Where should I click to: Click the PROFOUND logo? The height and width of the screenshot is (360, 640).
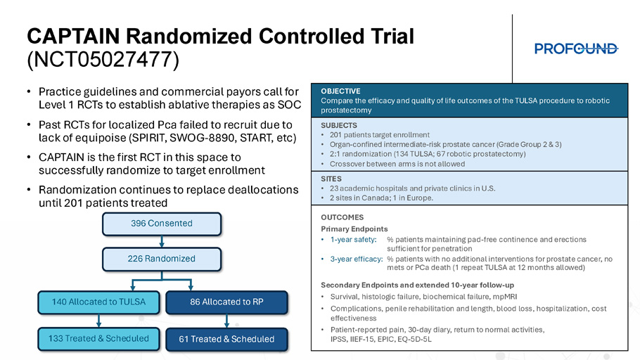pos(576,49)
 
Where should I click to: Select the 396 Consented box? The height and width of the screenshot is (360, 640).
pos(162,224)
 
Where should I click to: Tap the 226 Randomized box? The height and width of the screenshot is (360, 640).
pos(162,259)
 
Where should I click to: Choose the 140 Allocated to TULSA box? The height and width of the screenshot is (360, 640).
pos(98,302)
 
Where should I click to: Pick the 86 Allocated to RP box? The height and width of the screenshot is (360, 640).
pos(226,302)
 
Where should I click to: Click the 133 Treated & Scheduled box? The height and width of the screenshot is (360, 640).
pos(98,339)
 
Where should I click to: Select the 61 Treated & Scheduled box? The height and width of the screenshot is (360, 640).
pos(226,339)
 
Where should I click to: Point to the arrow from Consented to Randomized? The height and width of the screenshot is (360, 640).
pos(162,242)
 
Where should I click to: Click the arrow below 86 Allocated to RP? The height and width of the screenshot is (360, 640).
pos(226,321)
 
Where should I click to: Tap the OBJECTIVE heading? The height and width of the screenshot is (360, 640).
pos(340,91)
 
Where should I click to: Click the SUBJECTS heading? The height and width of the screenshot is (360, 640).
pos(339,125)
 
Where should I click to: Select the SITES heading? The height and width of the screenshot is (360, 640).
pos(331,179)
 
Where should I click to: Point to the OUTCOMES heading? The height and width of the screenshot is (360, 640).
pos(342,217)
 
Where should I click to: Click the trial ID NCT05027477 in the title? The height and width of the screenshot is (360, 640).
pos(103,60)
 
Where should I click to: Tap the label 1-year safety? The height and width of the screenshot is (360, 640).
pos(354,240)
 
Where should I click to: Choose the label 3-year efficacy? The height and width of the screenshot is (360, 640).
pos(357,259)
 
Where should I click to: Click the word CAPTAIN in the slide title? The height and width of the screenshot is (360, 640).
pos(73,37)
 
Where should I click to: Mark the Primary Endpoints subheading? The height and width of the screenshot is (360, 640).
pos(354,229)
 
